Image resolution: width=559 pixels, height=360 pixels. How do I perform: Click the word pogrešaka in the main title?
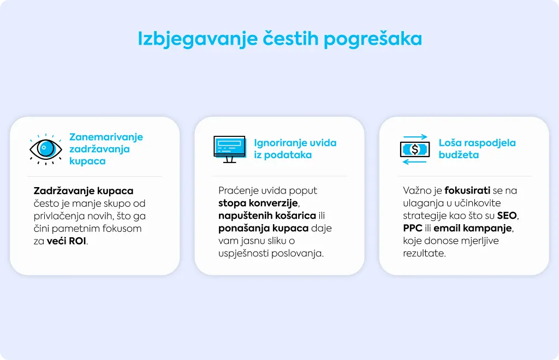click(x=372, y=39)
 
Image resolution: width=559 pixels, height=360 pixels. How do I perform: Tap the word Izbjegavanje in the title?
click(x=198, y=39)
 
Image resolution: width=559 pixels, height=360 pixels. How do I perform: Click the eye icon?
click(x=46, y=149)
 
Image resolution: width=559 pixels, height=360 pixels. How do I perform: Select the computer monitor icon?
click(x=230, y=149)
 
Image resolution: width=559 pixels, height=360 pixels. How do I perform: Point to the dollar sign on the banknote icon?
click(x=415, y=149)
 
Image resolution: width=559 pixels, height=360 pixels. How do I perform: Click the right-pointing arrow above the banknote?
click(x=415, y=137)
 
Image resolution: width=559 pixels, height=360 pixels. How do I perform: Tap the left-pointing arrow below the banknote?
click(x=414, y=162)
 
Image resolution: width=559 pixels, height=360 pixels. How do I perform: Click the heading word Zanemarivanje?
click(x=106, y=137)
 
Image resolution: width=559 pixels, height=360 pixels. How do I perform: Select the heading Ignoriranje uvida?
click(x=295, y=143)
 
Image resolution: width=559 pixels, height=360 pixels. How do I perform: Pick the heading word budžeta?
click(x=459, y=155)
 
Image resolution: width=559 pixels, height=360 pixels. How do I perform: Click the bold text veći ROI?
click(x=67, y=241)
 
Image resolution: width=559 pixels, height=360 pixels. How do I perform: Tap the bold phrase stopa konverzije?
click(x=258, y=203)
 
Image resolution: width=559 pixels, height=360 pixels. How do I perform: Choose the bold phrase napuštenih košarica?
click(x=267, y=216)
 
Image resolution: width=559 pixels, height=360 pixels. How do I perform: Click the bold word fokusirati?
click(x=467, y=190)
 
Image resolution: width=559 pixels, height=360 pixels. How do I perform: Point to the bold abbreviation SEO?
click(x=507, y=215)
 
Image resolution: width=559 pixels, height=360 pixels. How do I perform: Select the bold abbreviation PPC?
click(x=413, y=228)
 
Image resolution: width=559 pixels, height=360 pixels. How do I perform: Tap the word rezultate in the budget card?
click(x=424, y=254)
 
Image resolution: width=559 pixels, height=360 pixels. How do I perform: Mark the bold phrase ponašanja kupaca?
click(x=264, y=228)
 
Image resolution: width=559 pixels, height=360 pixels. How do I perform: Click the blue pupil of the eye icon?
click(x=46, y=148)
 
